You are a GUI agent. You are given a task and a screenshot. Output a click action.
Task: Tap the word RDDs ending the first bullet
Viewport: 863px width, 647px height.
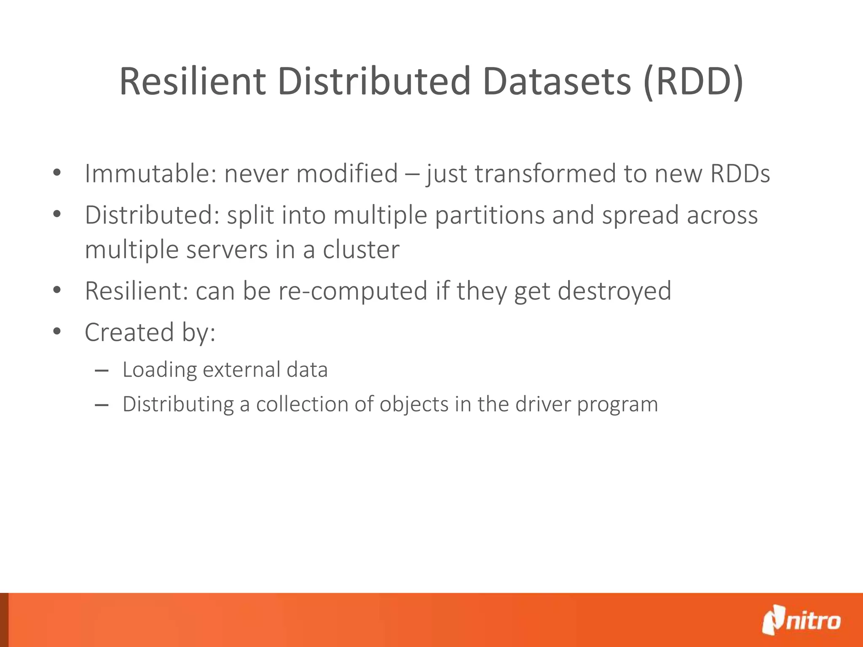[x=740, y=174]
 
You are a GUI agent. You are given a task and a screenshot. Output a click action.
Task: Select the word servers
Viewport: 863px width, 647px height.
[x=227, y=250]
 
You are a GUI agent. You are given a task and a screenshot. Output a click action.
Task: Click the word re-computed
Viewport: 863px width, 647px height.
[x=352, y=291]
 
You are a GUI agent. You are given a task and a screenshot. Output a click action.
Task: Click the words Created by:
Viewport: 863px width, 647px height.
[x=150, y=332]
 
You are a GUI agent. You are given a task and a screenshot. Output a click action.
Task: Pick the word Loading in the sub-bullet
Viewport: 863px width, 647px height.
[x=159, y=370]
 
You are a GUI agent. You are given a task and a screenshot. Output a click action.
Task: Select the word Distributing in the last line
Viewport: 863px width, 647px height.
[x=178, y=404]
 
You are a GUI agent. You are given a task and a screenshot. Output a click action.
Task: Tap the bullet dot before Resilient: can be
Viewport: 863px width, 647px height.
[x=57, y=290]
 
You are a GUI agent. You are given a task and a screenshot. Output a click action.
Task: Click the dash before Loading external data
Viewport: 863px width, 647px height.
[x=102, y=371]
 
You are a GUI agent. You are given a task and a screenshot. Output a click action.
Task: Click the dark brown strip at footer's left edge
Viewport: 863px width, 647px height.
[x=4, y=620]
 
